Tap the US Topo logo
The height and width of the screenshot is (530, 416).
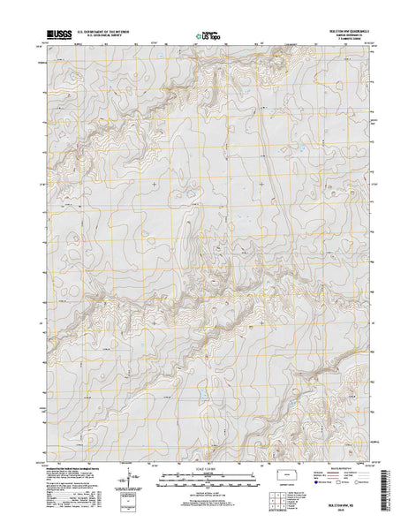click(x=208, y=36)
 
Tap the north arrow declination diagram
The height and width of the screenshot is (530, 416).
click(x=133, y=476)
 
